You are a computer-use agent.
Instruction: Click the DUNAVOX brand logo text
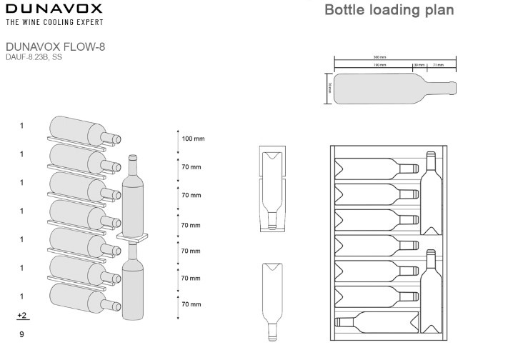54,9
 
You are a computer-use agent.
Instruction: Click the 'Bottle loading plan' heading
389,11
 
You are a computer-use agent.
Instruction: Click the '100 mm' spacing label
193,138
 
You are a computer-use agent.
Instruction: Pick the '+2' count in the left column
21,315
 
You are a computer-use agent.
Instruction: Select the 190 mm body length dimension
379,65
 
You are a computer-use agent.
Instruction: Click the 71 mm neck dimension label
438,65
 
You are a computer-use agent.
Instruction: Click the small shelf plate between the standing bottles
133,236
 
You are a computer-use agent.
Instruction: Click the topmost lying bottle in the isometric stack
80,130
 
